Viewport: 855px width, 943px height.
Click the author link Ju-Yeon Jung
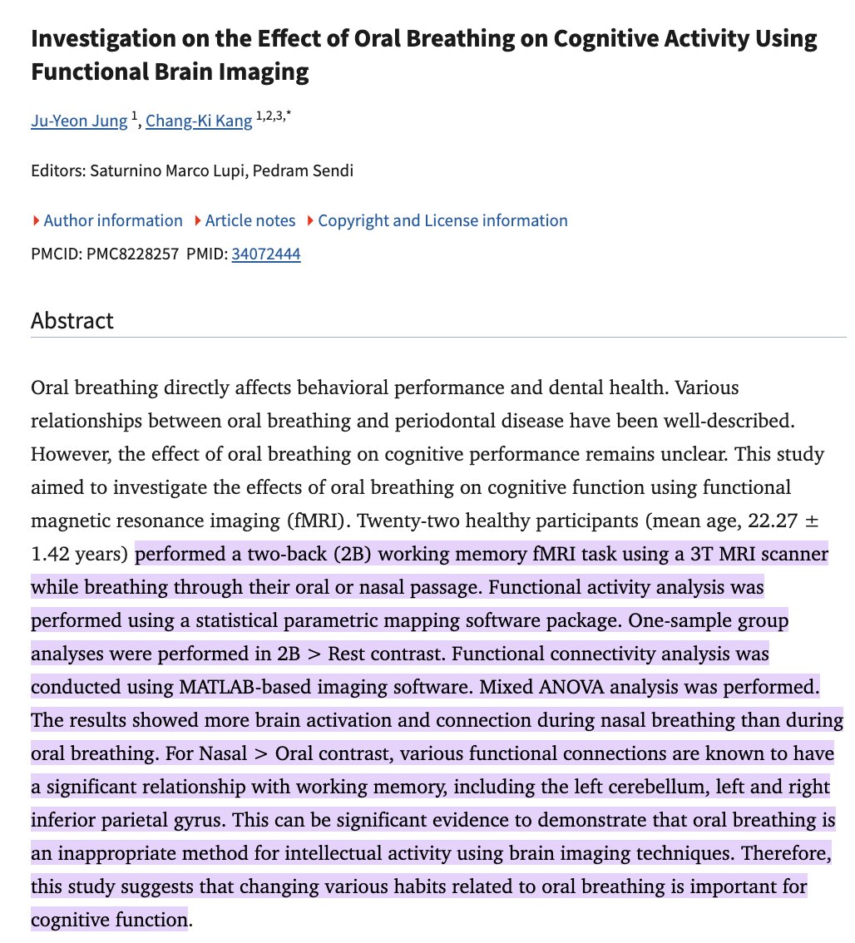[79, 121]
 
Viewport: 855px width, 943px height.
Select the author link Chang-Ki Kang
[199, 121]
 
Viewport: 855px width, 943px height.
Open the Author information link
[112, 220]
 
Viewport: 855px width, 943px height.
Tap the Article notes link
[250, 220]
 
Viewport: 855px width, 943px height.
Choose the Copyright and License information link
[442, 220]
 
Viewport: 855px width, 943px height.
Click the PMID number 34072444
[266, 254]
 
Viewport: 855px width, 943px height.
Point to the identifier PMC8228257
[133, 254]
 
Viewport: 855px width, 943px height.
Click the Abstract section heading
[72, 321]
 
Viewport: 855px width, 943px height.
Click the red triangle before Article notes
[198, 221]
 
